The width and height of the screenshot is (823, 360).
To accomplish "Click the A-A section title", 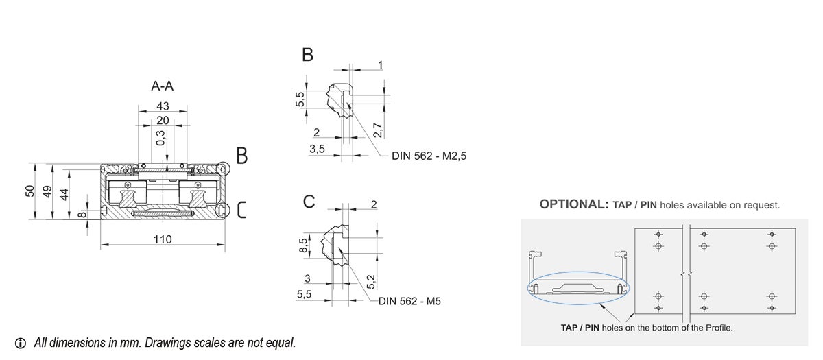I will pyautogui.click(x=163, y=86).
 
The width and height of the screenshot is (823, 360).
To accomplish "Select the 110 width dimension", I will pyautogui.click(x=163, y=239).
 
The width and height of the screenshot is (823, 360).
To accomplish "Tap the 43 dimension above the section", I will pyautogui.click(x=163, y=107).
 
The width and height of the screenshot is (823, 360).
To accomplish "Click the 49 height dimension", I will pyautogui.click(x=46, y=192).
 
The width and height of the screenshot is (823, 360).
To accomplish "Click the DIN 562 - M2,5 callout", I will pyautogui.click(x=429, y=156).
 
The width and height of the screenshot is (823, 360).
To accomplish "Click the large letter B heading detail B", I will pyautogui.click(x=308, y=55).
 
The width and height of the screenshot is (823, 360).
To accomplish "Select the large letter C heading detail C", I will pyautogui.click(x=309, y=202).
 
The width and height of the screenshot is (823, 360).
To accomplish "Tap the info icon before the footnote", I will pyautogui.click(x=20, y=342).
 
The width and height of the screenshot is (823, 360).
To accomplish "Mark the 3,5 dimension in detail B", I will pyautogui.click(x=317, y=148).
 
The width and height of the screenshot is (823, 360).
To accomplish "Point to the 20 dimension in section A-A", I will pyautogui.click(x=163, y=120).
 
